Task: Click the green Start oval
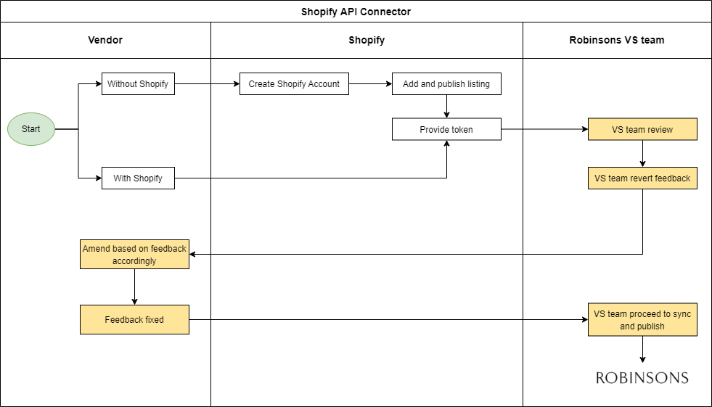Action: pyautogui.click(x=31, y=129)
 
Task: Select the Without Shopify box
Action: pyautogui.click(x=138, y=84)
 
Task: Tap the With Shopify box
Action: pyautogui.click(x=138, y=178)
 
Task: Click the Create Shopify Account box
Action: pyautogui.click(x=294, y=84)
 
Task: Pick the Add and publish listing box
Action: pyautogui.click(x=446, y=84)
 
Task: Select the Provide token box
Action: pyautogui.click(x=446, y=130)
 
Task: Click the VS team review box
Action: pyautogui.click(x=642, y=130)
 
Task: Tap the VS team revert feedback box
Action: pyautogui.click(x=642, y=178)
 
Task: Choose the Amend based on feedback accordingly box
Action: pyautogui.click(x=134, y=255)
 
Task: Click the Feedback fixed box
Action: pyautogui.click(x=134, y=320)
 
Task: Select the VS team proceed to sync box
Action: pyautogui.click(x=642, y=320)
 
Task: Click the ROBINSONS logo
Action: pyautogui.click(x=642, y=377)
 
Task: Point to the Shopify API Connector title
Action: pyautogui.click(x=356, y=12)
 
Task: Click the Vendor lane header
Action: pyautogui.click(x=105, y=40)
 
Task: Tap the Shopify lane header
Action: pyautogui.click(x=367, y=40)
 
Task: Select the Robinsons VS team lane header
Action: pyautogui.click(x=617, y=40)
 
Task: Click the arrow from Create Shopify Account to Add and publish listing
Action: pyautogui.click(x=370, y=84)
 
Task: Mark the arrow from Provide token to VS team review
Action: pyautogui.click(x=544, y=130)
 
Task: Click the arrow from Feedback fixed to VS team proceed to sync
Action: pyautogui.click(x=388, y=320)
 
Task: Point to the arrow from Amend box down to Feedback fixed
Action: pyautogui.click(x=134, y=287)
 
